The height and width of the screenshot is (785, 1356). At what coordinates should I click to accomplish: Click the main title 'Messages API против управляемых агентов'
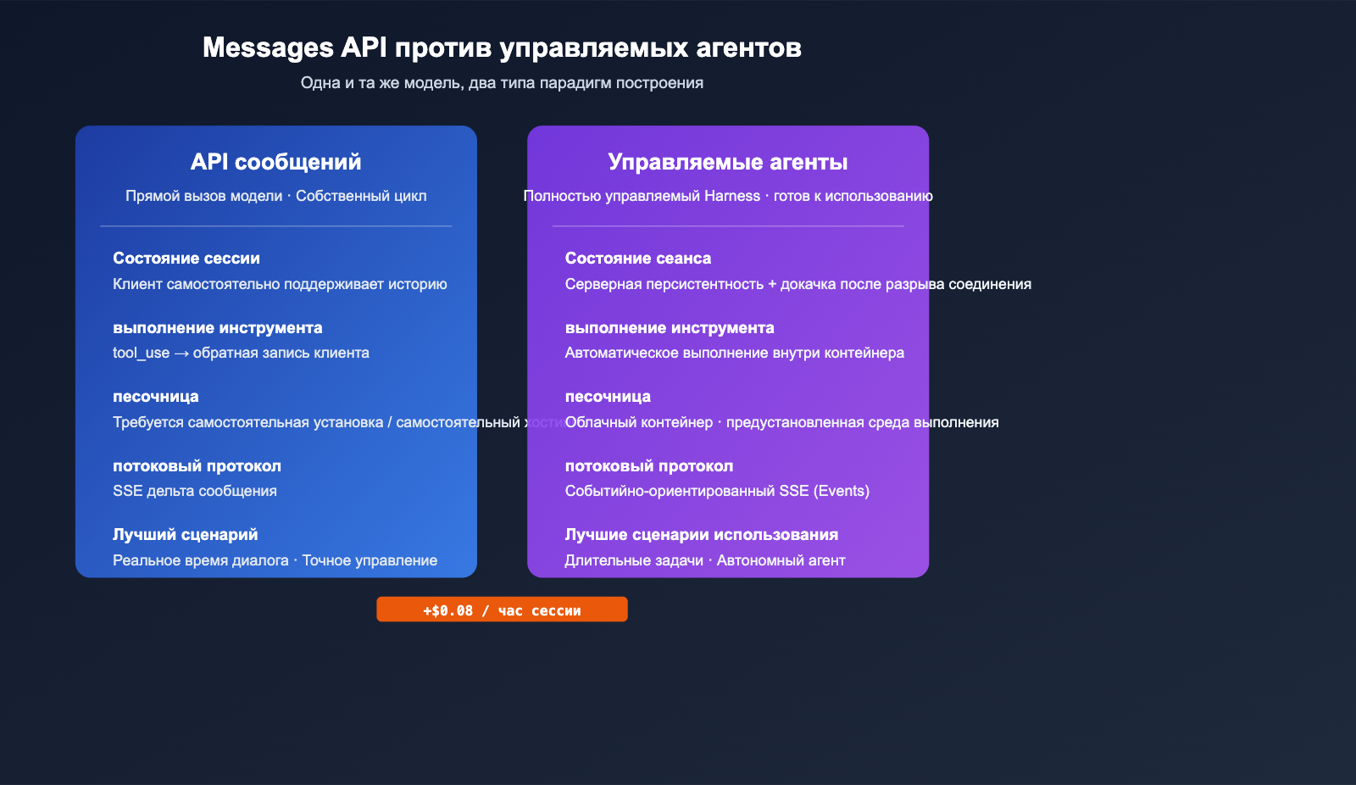pyautogui.click(x=502, y=47)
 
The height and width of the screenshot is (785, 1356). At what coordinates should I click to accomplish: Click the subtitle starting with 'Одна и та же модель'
pyautogui.click(x=502, y=83)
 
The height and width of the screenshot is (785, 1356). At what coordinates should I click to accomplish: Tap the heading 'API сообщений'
pyautogui.click(x=275, y=162)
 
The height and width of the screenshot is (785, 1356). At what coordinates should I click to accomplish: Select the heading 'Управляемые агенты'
pyautogui.click(x=727, y=162)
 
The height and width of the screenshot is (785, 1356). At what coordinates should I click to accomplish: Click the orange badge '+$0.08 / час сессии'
pyautogui.click(x=502, y=610)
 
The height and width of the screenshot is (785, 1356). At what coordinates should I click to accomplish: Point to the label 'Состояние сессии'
pyautogui.click(x=186, y=259)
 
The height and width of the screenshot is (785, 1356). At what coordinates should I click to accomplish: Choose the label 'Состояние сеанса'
pyautogui.click(x=638, y=259)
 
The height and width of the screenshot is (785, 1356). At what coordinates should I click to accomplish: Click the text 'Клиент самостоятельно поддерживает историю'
pyautogui.click(x=280, y=284)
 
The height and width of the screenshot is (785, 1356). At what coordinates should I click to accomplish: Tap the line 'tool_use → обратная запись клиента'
pyautogui.click(x=241, y=353)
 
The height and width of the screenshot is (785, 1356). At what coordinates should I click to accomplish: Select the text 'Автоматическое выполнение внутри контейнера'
pyautogui.click(x=734, y=353)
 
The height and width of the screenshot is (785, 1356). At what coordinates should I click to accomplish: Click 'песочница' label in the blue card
pyautogui.click(x=156, y=397)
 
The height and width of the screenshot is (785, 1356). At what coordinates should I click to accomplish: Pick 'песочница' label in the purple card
pyautogui.click(x=608, y=397)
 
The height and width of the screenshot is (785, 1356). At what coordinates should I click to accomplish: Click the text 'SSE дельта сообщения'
pyautogui.click(x=195, y=491)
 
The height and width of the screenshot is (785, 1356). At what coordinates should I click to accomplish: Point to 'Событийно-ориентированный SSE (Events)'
pyautogui.click(x=717, y=491)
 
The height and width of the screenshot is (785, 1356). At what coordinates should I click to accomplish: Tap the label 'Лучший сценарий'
pyautogui.click(x=185, y=535)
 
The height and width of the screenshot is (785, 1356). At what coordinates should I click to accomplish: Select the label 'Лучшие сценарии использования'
pyautogui.click(x=701, y=535)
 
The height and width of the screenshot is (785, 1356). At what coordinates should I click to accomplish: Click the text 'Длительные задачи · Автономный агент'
pyautogui.click(x=704, y=560)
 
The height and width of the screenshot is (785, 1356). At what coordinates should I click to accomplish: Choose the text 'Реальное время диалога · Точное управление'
pyautogui.click(x=275, y=560)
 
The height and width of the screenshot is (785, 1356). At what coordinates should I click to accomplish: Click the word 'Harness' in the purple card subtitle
pyautogui.click(x=732, y=196)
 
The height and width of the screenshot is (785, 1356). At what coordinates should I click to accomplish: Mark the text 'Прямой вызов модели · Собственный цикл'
pyautogui.click(x=275, y=196)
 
